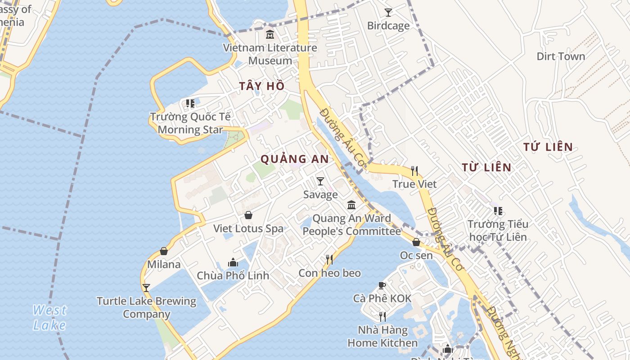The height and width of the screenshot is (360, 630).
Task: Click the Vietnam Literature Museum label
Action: click(x=270, y=54)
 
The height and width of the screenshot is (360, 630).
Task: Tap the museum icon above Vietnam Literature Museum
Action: click(x=270, y=34)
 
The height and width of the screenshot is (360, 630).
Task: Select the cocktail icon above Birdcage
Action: click(x=388, y=13)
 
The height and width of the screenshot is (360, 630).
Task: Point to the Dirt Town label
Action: click(x=561, y=56)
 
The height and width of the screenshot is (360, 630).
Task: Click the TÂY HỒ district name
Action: click(x=262, y=86)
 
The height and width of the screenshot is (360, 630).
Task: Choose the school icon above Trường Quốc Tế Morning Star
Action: click(x=190, y=104)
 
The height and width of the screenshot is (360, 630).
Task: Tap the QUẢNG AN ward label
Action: click(x=295, y=159)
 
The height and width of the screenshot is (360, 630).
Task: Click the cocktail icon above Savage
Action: click(x=320, y=181)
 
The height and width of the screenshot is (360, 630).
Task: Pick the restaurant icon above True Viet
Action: click(x=414, y=171)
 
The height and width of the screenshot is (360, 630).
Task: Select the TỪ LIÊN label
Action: click(x=486, y=168)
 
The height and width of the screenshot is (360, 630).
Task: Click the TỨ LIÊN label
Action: click(x=548, y=147)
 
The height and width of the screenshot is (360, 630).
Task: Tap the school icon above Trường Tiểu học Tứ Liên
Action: click(x=498, y=211)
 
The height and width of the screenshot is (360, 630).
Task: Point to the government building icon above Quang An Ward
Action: click(x=351, y=205)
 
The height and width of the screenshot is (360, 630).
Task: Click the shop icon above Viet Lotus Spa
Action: click(x=248, y=216)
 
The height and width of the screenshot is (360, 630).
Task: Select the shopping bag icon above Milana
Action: click(x=164, y=251)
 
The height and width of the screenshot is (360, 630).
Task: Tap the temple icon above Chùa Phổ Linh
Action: click(x=233, y=262)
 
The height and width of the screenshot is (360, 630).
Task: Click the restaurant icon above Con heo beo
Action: click(x=329, y=260)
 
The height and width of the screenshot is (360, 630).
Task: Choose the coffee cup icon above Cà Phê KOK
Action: click(x=382, y=285)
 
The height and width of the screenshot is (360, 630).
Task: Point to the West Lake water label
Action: click(x=49, y=317)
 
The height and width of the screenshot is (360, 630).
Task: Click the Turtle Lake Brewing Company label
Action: click(x=146, y=307)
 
